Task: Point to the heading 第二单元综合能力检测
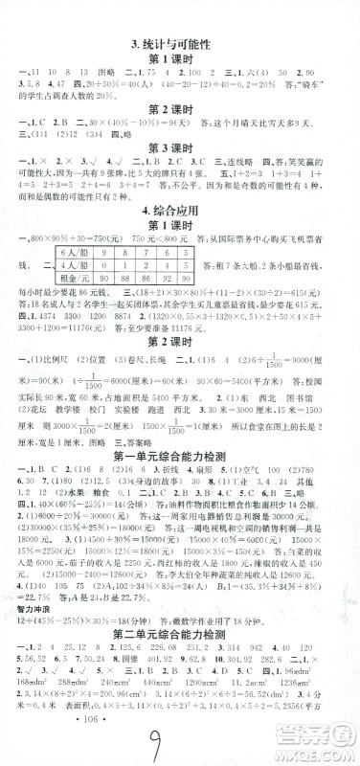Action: [x=179, y=644]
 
